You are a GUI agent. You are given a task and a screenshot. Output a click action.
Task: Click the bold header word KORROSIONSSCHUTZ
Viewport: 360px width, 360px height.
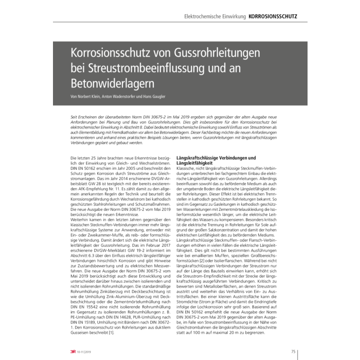[x=273, y=16]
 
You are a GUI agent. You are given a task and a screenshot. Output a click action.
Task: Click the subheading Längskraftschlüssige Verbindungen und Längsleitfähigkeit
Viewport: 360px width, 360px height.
[x=215, y=160]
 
